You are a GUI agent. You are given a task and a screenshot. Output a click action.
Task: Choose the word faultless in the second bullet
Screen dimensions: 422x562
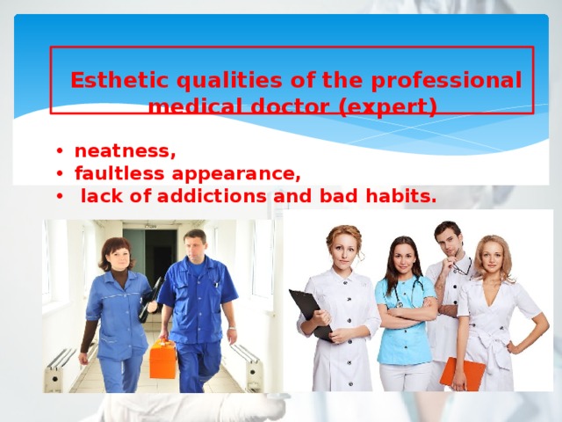115,172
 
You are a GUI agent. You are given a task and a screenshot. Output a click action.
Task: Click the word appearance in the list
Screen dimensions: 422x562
231,172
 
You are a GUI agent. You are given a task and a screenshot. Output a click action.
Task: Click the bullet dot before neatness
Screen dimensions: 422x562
57,150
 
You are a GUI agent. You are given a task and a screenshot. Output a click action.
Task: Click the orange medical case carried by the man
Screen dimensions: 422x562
163,358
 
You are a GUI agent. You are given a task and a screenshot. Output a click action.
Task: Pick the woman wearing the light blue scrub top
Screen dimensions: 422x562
405,308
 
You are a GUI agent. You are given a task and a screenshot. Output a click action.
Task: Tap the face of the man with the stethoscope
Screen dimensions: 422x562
448,239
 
